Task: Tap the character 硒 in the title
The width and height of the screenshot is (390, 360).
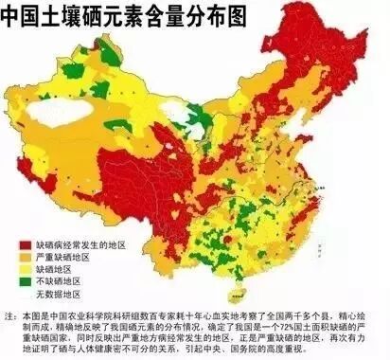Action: point(113,16)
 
